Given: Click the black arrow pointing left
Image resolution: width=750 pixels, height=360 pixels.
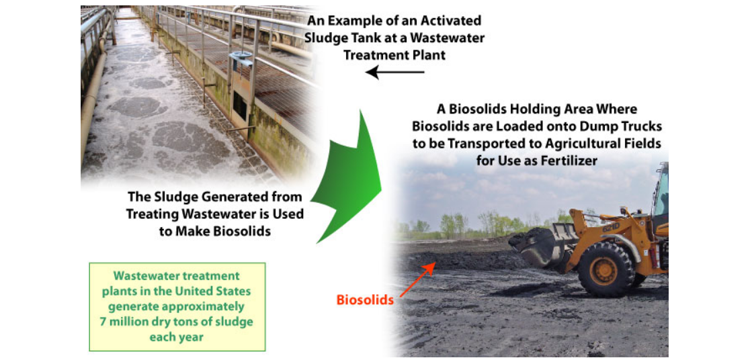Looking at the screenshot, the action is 395,72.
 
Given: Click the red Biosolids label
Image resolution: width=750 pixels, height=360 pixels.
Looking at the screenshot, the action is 364,300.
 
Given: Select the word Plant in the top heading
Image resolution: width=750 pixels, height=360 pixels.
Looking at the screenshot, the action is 428,54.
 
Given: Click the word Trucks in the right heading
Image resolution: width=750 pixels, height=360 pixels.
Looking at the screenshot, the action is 643,127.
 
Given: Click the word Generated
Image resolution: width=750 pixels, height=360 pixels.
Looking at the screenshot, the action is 241,197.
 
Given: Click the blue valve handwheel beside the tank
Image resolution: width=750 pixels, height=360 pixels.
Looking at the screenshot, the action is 241,56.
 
